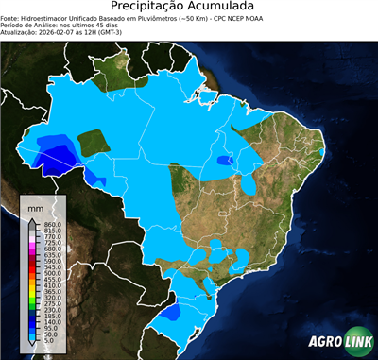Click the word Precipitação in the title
click(151, 8)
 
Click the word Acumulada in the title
click(228, 8)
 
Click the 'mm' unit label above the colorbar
click(35, 206)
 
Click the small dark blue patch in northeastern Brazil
click(224, 161)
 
